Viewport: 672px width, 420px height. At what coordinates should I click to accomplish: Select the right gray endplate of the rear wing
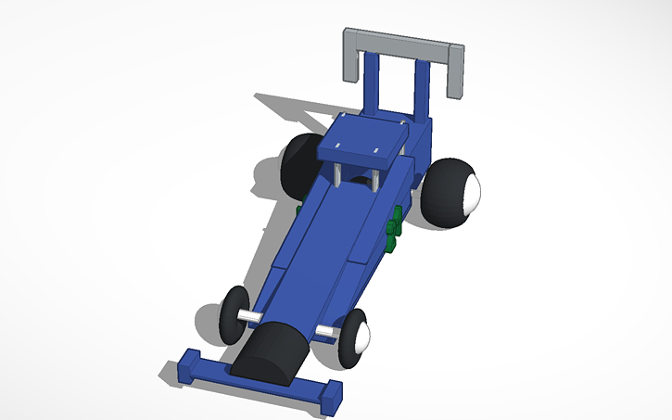(x=455, y=72)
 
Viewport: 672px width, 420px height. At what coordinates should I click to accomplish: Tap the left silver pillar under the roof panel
(x=339, y=173)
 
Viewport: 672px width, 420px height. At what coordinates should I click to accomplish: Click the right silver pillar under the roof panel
(x=376, y=177)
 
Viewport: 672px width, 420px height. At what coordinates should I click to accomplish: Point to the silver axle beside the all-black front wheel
(x=251, y=318)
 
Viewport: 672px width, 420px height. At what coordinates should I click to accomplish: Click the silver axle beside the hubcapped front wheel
(x=327, y=330)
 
